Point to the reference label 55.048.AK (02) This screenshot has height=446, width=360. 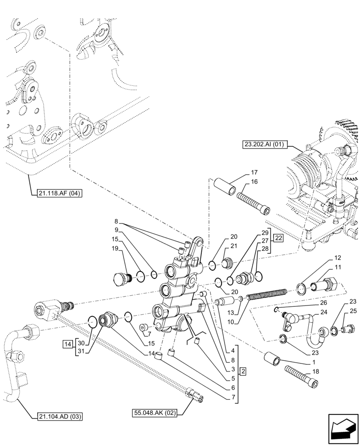(x=155, y=413)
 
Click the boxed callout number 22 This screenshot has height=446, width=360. (x=278, y=238)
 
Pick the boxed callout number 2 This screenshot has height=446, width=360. (x=242, y=371)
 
